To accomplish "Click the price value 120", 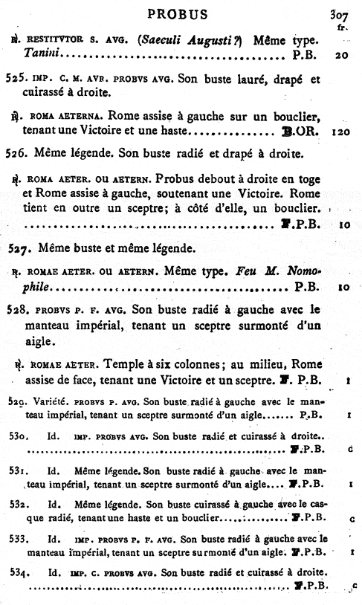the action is coord(341,132).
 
